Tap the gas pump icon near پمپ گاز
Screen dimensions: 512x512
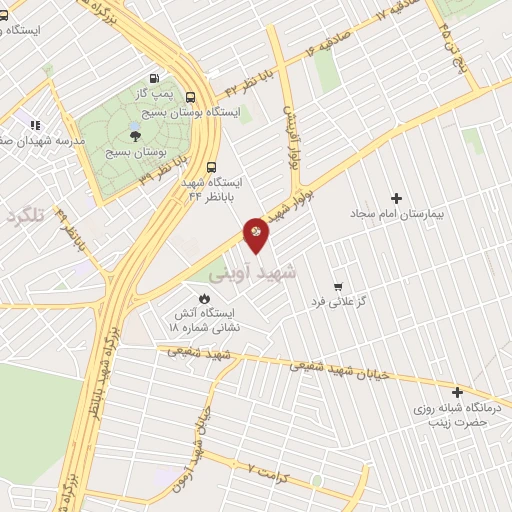pyautogui.click(x=153, y=78)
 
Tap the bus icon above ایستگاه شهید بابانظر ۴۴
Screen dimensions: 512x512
pyautogui.click(x=211, y=167)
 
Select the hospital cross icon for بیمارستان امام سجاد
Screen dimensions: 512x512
pyautogui.click(x=396, y=199)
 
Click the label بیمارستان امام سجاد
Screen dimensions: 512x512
pyautogui.click(x=396, y=214)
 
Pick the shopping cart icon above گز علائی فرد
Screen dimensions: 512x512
pyautogui.click(x=339, y=285)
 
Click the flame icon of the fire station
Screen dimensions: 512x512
pyautogui.click(x=205, y=297)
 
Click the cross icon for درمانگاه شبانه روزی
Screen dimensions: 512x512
pyautogui.click(x=458, y=393)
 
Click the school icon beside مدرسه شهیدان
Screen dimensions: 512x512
pyautogui.click(x=35, y=125)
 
